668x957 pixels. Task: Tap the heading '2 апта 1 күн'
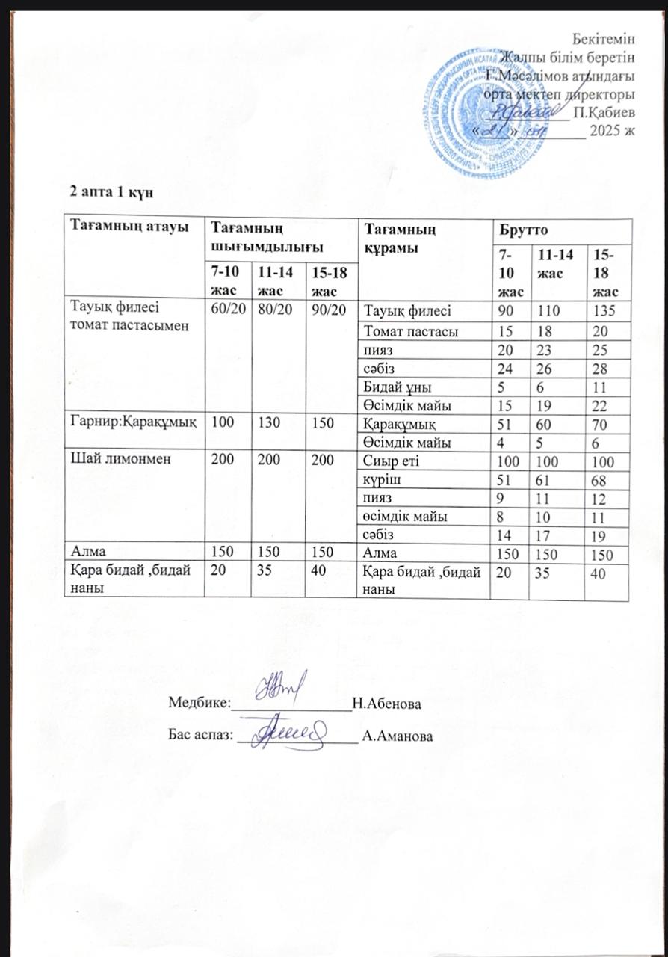click(x=111, y=191)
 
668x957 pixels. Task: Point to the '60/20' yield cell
click(x=227, y=310)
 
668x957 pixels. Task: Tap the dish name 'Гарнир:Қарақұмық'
click(x=133, y=423)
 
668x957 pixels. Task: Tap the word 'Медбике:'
click(x=197, y=704)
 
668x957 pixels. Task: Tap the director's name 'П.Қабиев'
click(x=601, y=113)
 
